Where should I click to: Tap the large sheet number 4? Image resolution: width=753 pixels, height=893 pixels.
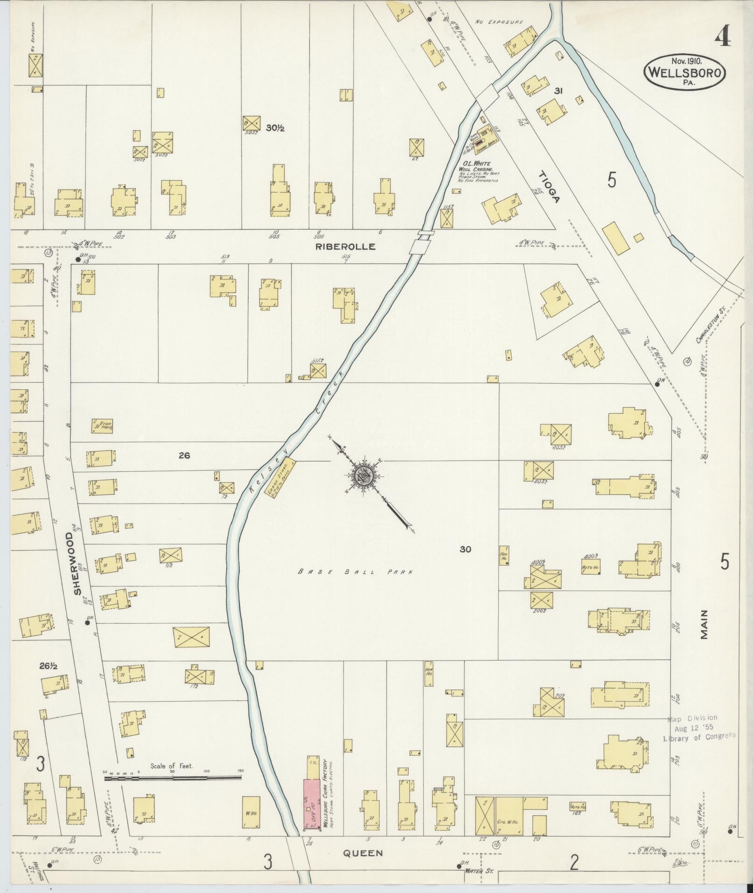point(723,36)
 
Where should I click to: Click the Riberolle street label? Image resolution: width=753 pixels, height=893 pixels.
point(345,246)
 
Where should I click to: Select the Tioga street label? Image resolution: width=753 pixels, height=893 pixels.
point(549,187)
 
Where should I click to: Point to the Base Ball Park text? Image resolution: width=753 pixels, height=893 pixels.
point(355,572)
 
